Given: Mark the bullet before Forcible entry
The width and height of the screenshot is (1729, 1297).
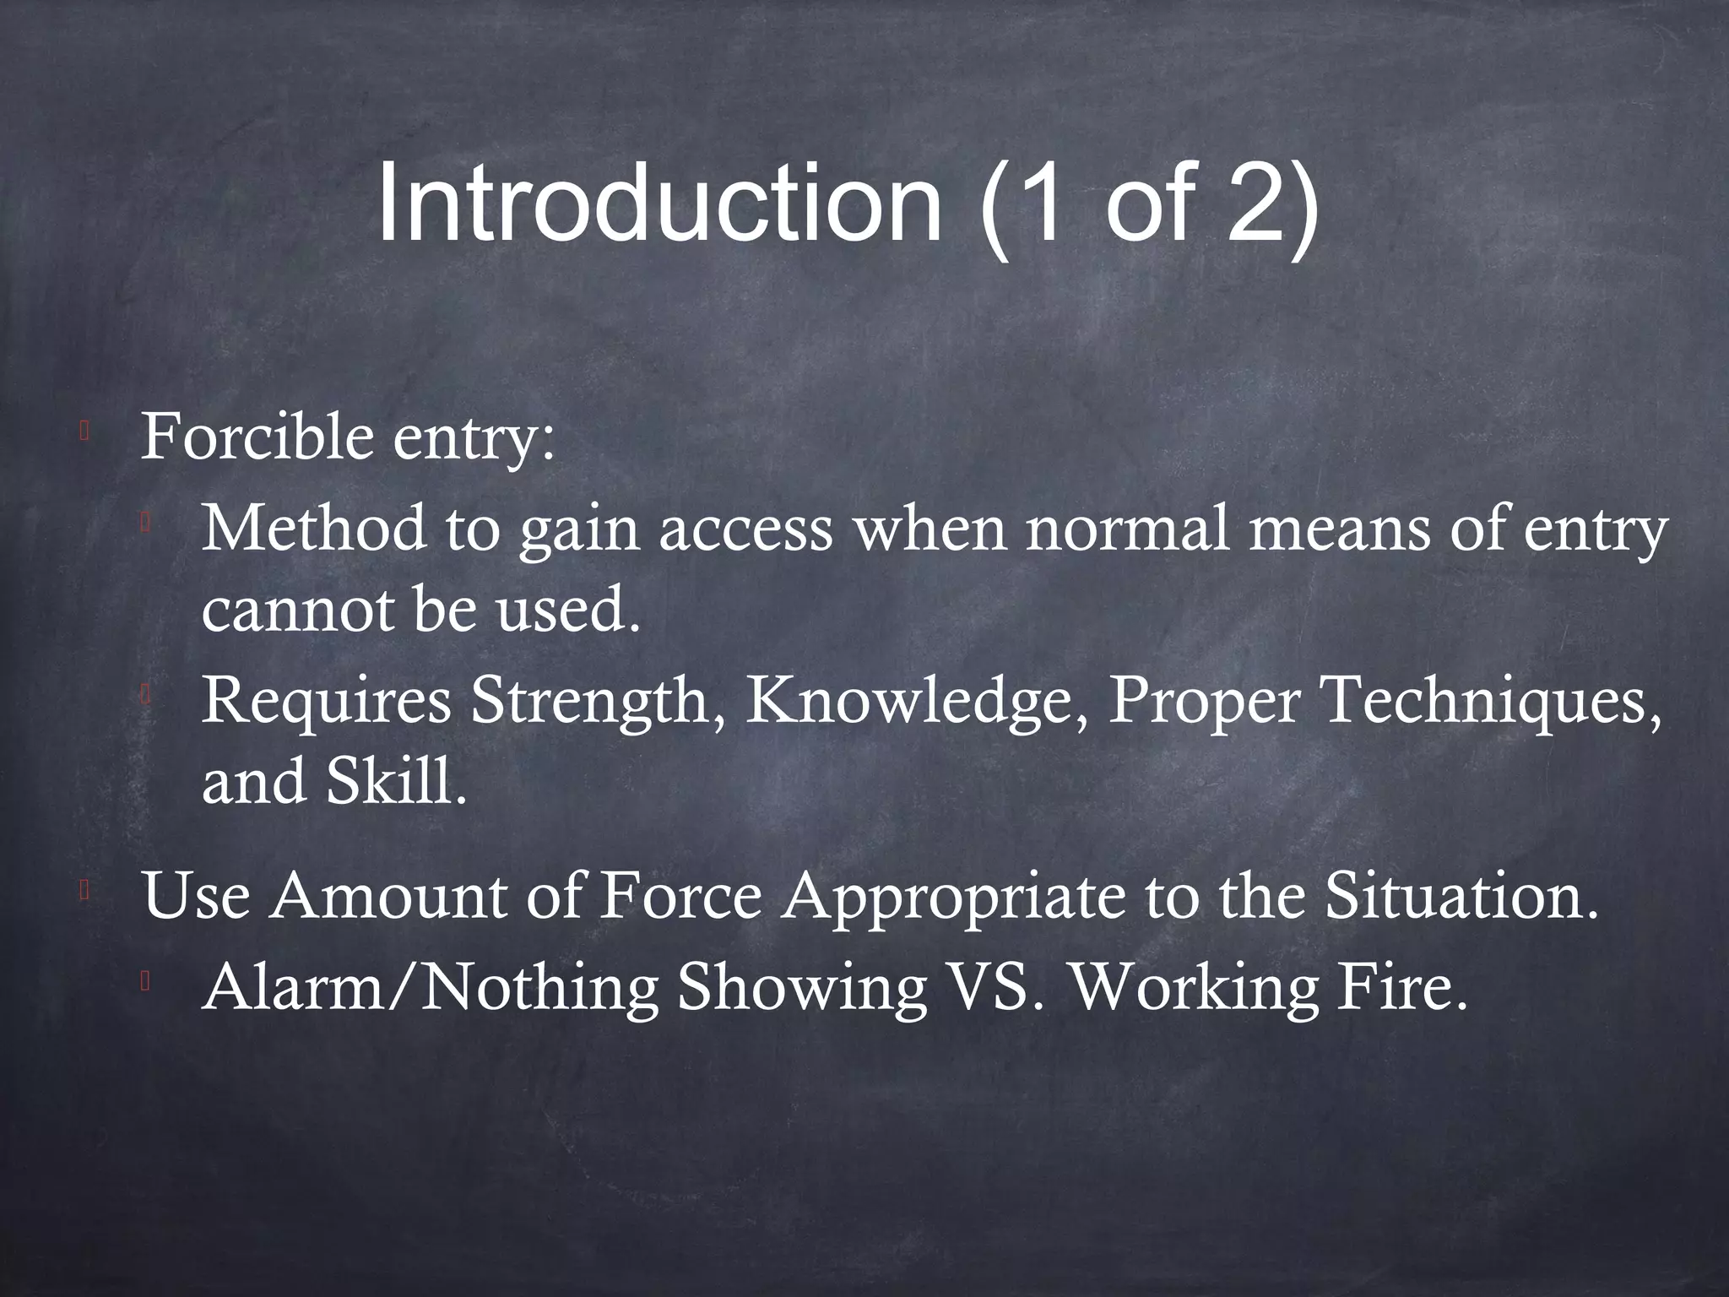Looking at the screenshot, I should (x=84, y=431).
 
